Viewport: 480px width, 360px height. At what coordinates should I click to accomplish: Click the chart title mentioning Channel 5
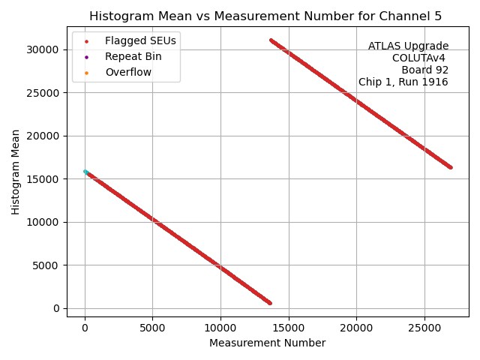266,16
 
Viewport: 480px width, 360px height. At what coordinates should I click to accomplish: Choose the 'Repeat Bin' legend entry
133,56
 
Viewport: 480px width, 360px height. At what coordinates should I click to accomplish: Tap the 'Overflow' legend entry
128,72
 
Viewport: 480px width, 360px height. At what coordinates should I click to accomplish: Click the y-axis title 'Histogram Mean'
16,172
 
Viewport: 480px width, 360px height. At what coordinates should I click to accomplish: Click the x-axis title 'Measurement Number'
267,343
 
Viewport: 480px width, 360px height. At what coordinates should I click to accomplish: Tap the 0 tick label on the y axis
56,308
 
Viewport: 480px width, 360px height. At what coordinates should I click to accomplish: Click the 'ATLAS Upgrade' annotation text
408,46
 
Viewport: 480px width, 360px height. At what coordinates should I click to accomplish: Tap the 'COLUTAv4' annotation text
420,58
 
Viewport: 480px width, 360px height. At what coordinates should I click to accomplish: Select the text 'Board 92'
424,70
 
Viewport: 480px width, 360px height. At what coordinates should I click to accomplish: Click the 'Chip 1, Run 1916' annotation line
403,82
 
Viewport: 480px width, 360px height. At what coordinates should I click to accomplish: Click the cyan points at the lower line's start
85,172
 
